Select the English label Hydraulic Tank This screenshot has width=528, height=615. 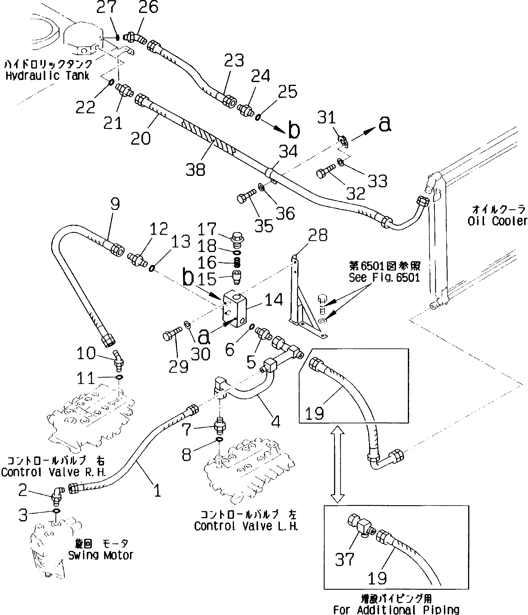coord(47,76)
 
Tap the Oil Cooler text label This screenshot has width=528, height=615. coord(497,221)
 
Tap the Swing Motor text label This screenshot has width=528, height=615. coord(101,555)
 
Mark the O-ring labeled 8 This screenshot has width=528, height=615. coord(219,439)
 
